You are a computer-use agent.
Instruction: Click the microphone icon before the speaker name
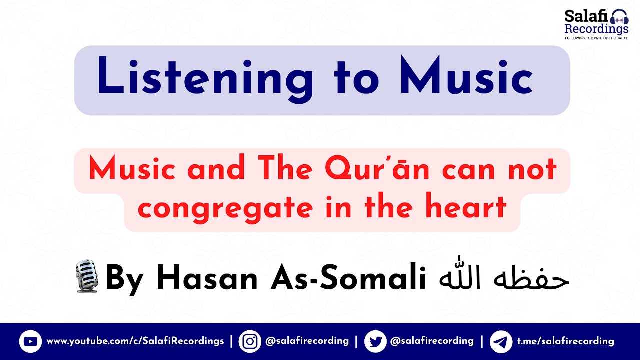tap(88, 276)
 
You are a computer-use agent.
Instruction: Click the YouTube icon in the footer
tap(30, 342)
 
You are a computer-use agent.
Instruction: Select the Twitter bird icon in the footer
tap(375, 342)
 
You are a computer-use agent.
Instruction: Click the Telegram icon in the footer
tap(500, 342)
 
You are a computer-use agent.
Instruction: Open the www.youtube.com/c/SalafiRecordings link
tap(135, 341)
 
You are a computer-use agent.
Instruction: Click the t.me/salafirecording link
tap(565, 341)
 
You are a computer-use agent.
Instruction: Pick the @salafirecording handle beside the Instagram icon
tap(307, 341)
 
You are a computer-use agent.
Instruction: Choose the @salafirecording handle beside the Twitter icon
tap(432, 341)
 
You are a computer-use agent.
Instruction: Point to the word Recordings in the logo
tap(596, 29)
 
